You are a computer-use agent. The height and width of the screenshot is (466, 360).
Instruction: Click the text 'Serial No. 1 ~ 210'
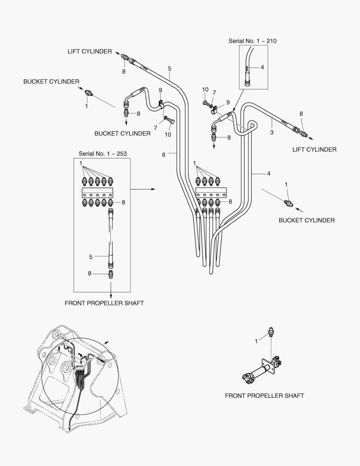(x=252, y=41)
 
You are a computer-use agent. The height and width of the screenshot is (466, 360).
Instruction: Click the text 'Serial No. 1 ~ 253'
(x=102, y=154)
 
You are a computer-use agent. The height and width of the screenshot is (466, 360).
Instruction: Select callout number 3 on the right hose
(x=272, y=132)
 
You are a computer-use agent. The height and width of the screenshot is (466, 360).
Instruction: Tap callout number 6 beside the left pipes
(x=164, y=154)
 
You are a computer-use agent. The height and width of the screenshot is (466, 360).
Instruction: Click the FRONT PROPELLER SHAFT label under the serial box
(x=104, y=303)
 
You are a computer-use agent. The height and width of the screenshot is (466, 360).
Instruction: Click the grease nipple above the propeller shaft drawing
(x=272, y=332)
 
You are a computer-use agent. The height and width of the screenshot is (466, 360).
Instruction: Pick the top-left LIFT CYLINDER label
(x=89, y=51)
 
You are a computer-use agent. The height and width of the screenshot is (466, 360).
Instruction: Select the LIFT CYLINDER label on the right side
(x=314, y=150)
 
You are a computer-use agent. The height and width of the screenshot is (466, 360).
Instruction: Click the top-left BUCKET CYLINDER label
(x=51, y=82)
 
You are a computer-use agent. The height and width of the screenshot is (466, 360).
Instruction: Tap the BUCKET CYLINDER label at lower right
(x=307, y=220)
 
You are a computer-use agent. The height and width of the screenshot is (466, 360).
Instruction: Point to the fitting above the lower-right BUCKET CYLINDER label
(x=288, y=202)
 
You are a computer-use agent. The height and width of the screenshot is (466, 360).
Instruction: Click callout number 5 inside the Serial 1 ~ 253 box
(x=91, y=257)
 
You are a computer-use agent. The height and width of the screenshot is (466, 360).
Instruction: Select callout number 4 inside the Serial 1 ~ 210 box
(x=262, y=67)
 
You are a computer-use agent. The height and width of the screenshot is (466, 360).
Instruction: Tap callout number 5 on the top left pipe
(x=169, y=69)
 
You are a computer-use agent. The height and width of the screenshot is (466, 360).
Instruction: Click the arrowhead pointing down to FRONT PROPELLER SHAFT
(x=111, y=295)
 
